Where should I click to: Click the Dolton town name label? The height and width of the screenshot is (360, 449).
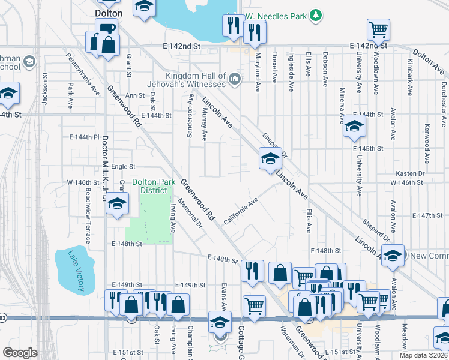coord(109,13)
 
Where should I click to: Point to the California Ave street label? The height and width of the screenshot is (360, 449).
coord(241,210)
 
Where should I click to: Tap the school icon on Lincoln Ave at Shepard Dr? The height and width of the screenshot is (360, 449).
coord(270,159)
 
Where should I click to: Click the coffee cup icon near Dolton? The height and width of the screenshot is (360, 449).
coord(107,28)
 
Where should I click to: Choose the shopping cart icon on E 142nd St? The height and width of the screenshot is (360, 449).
coord(378,29)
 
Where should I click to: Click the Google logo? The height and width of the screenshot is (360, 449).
coord(20,353)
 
